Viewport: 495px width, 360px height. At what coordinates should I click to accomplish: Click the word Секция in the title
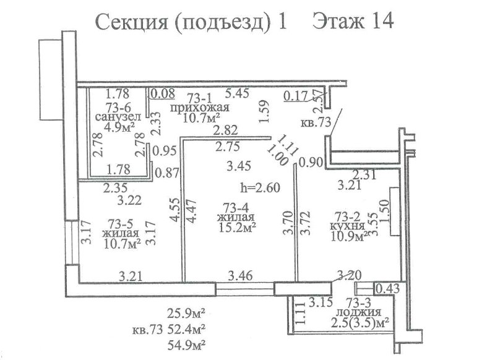click(x=131, y=23)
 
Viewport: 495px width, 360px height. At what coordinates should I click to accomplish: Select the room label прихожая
click(x=199, y=108)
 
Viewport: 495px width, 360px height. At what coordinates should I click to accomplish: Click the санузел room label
click(x=118, y=117)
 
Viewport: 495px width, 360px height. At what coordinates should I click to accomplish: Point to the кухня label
click(x=347, y=226)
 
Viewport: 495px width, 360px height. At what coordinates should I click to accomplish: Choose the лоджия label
click(x=358, y=312)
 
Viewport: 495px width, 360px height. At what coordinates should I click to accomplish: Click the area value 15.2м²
click(x=237, y=227)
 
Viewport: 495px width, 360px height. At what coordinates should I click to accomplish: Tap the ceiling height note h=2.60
click(x=260, y=187)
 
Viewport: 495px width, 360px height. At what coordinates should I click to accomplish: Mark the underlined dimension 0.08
click(x=163, y=93)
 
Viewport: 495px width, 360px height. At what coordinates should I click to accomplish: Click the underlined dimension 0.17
click(x=296, y=96)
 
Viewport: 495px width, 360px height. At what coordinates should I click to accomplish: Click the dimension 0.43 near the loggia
click(x=387, y=288)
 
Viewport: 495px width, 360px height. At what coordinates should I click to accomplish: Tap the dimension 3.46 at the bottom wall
click(x=240, y=276)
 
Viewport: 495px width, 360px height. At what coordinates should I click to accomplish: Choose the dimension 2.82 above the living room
click(x=225, y=131)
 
